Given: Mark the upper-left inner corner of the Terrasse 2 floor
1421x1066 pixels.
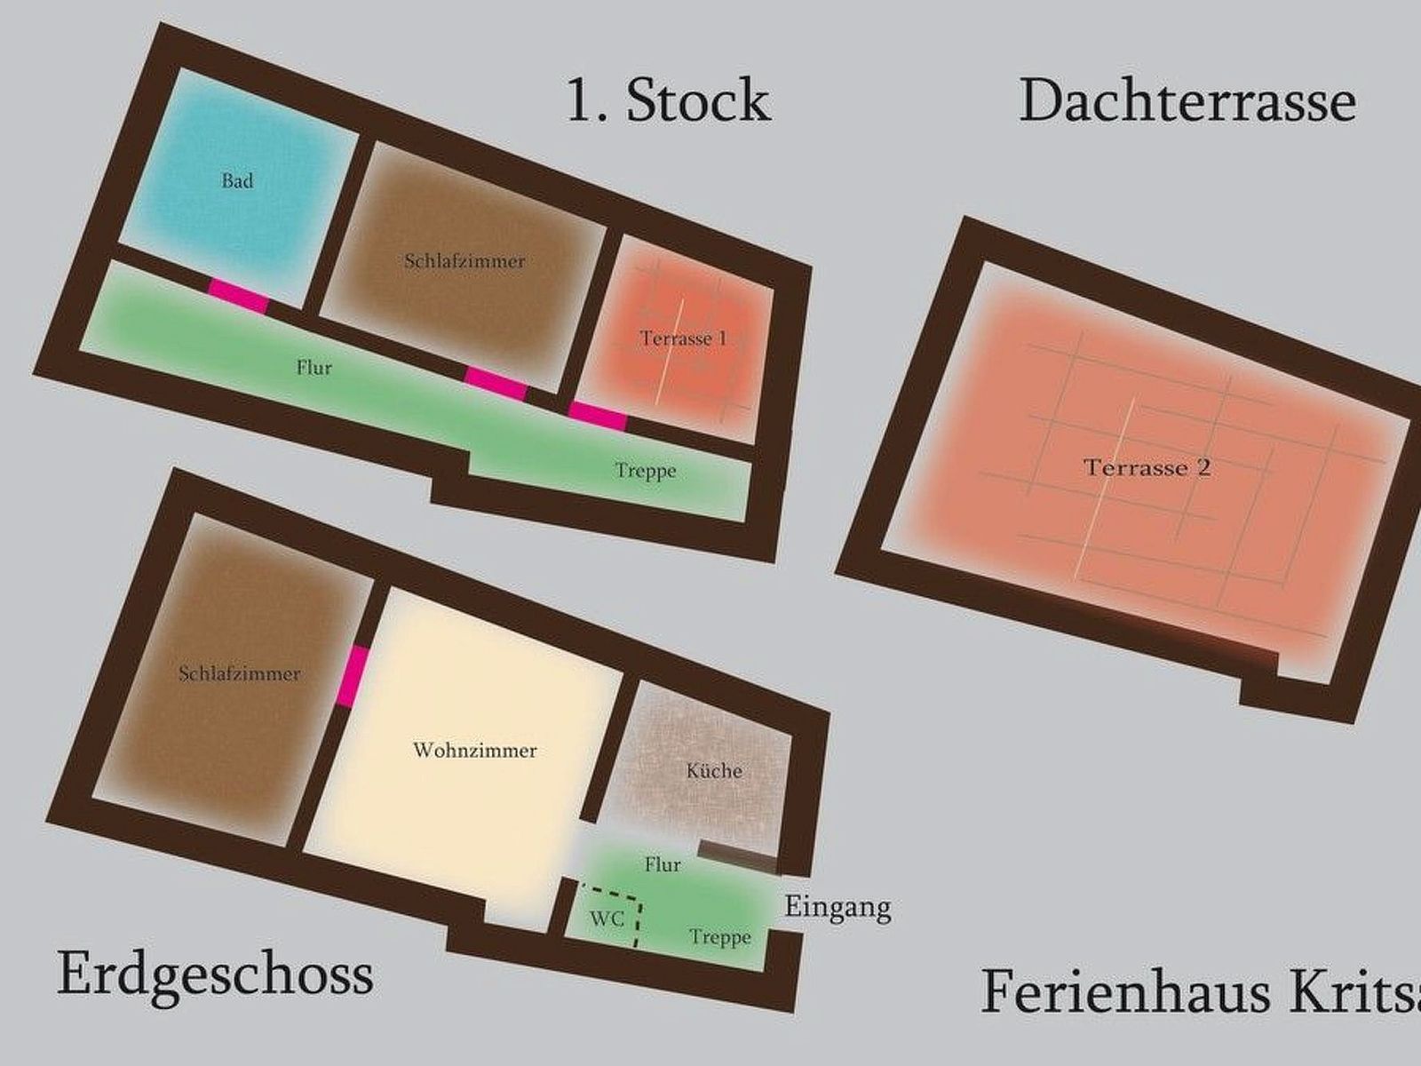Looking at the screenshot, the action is pos(985,263).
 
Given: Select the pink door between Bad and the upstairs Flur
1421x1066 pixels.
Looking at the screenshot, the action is pos(238,296).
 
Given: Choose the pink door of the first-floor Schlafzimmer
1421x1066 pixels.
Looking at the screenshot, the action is pos(496,383).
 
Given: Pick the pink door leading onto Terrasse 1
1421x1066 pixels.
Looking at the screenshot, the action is pos(599,415).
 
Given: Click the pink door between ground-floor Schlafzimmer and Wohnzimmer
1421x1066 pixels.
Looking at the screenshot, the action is pos(353,676).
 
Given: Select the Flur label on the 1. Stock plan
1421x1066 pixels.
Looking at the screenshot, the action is pos(314,368).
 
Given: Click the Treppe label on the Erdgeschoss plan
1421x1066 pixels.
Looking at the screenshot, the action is pos(720,936).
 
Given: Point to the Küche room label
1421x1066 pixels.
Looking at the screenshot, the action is pos(714,771).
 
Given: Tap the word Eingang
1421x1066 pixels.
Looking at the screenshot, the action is pos(838,908).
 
